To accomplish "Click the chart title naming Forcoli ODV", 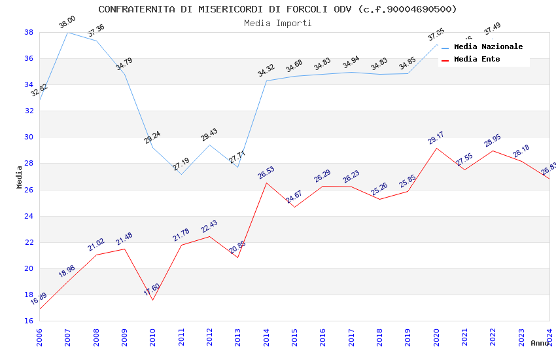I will tap(277, 9).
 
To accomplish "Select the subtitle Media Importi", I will tap(277, 23).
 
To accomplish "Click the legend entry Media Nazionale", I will tap(488, 47).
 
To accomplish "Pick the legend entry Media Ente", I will tap(477, 59).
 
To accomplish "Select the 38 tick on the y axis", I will tap(29, 32).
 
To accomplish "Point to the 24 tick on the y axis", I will tap(29, 216).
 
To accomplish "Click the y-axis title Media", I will tap(20, 177).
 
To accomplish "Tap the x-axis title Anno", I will tap(540, 343).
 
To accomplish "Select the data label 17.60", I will tap(152, 290).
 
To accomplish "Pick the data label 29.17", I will tap(436, 137).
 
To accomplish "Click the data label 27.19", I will tap(181, 164).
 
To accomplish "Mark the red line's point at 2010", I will tap(152, 300).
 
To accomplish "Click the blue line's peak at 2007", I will tap(67, 32).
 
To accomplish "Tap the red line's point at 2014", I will tap(266, 183).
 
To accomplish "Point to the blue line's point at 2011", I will tap(181, 174).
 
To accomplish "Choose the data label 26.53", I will tap(266, 173).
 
